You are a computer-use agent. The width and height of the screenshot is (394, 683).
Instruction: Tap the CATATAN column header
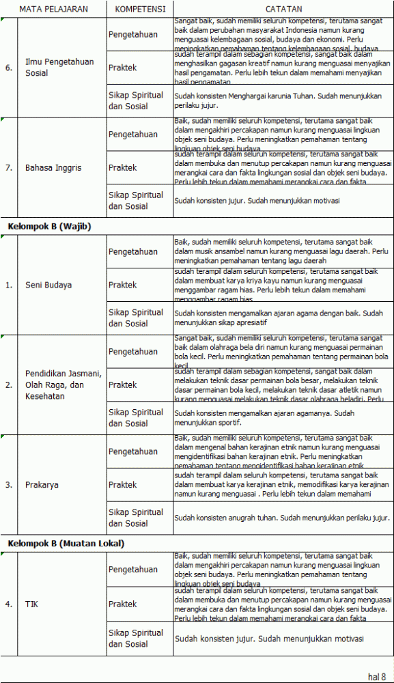click(x=284, y=9)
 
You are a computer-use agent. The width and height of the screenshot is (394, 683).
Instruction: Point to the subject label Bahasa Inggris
click(x=54, y=167)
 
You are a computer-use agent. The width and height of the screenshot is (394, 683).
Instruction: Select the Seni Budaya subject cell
click(x=48, y=285)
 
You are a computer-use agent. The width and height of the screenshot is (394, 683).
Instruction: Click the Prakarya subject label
click(x=42, y=485)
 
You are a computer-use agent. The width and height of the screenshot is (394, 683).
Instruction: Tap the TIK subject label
click(x=31, y=604)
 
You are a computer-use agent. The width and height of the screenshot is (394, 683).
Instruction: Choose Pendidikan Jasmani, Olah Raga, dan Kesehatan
click(x=63, y=385)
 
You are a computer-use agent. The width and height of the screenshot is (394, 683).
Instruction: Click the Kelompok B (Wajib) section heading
click(x=49, y=227)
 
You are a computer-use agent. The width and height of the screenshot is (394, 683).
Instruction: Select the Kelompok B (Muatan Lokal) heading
click(x=66, y=544)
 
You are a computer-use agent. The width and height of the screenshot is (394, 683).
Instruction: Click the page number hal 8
click(x=377, y=676)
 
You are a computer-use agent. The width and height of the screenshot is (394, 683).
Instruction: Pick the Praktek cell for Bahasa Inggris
click(x=123, y=167)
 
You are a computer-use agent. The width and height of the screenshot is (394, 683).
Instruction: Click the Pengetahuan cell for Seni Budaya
click(x=133, y=251)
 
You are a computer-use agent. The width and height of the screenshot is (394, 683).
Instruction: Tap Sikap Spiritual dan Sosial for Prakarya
click(x=136, y=518)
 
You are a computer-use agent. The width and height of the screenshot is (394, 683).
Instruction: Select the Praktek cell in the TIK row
click(x=123, y=604)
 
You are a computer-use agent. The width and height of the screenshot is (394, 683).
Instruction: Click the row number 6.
click(x=9, y=67)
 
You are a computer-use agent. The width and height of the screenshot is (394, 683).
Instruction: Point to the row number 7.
click(x=9, y=167)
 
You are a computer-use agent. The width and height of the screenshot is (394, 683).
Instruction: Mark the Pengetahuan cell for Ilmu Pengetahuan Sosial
click(x=133, y=34)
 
